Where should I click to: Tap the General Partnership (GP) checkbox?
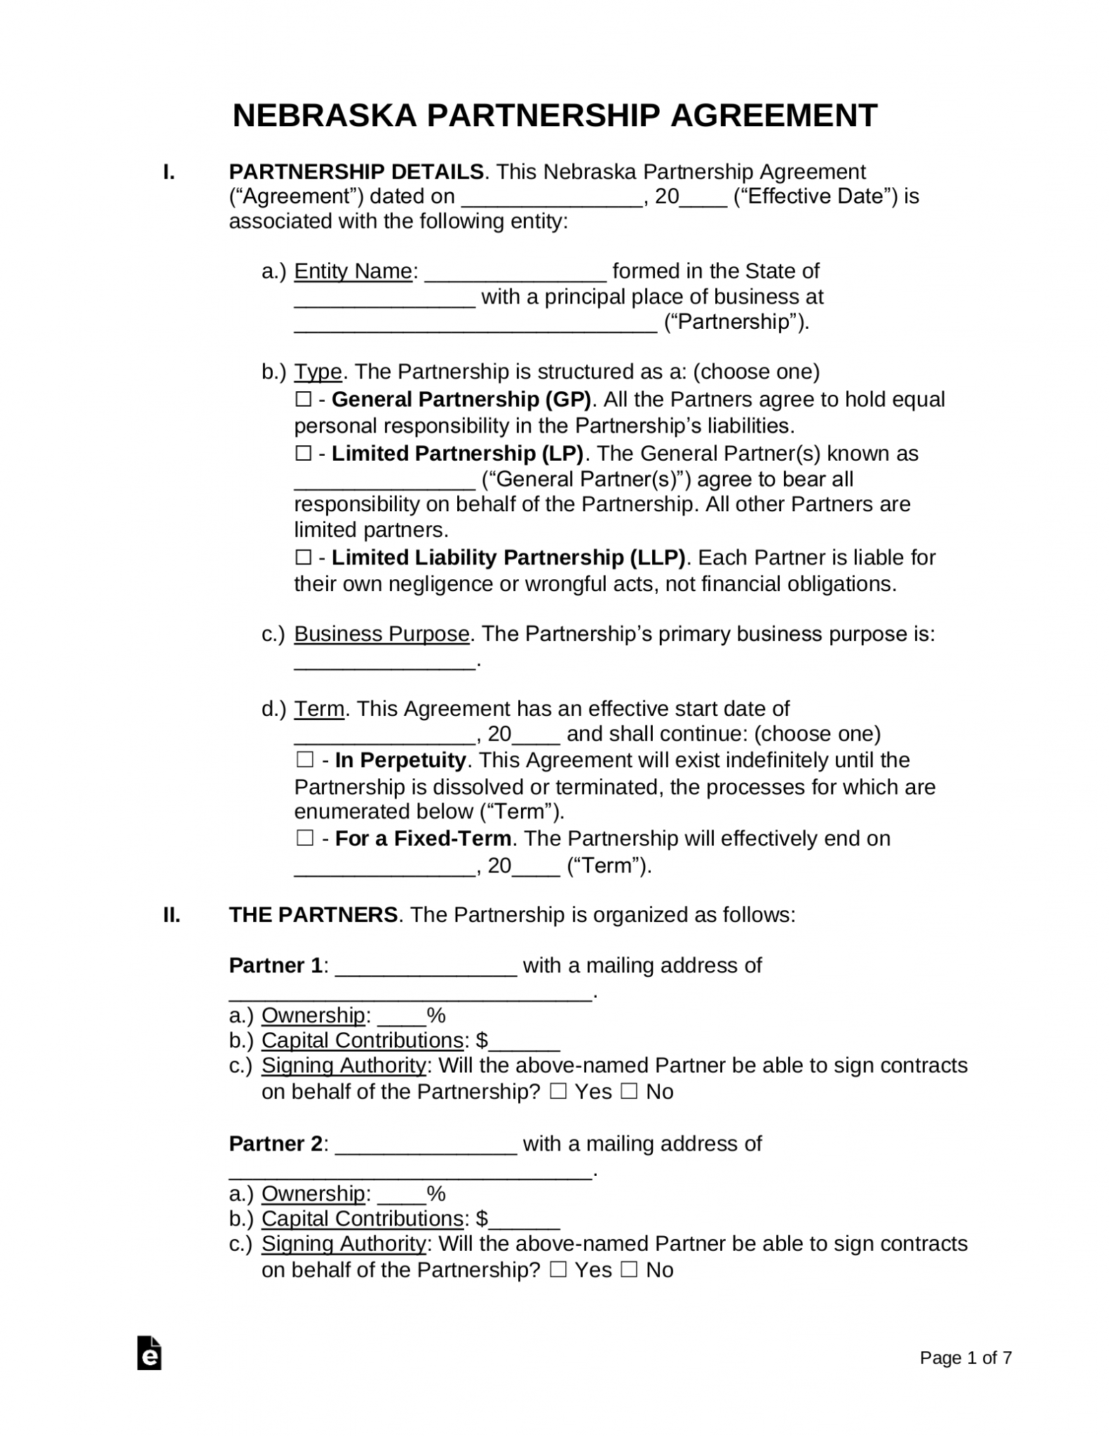[x=304, y=400]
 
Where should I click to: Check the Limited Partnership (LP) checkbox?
[x=304, y=454]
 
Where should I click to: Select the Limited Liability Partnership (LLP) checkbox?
[x=304, y=557]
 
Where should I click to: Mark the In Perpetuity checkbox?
[x=305, y=760]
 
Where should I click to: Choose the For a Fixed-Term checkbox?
[x=305, y=839]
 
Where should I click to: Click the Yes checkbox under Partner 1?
[x=558, y=1092]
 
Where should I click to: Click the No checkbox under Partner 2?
[x=629, y=1270]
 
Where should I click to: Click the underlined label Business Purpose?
[x=381, y=634]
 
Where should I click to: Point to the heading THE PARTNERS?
[x=313, y=915]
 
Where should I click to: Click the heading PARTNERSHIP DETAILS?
[x=356, y=172]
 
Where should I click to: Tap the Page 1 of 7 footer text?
[x=966, y=1358]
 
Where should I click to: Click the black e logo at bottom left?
[x=149, y=1354]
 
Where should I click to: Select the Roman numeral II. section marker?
[x=172, y=915]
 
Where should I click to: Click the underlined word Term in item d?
[x=319, y=709]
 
